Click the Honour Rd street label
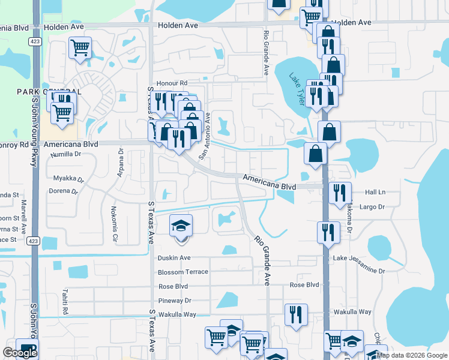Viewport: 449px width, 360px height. click(172, 83)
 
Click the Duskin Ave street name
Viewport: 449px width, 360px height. click(173, 258)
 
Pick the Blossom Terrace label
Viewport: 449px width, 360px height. click(182, 272)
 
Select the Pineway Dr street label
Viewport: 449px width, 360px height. click(175, 301)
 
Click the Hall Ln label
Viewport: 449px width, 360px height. click(375, 193)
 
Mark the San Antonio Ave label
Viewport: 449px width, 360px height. click(205, 136)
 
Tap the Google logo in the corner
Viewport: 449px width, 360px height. click(20, 353)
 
